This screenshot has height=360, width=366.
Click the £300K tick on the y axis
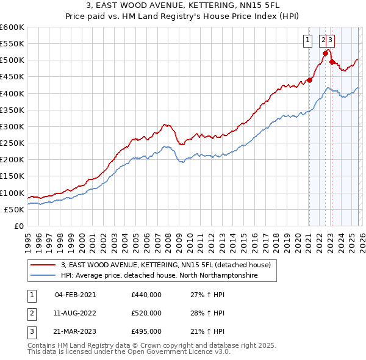click(x=12, y=126)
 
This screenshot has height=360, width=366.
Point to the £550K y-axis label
click(x=12, y=44)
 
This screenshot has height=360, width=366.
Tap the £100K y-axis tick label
click(x=12, y=193)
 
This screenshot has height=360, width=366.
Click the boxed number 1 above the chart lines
click(x=308, y=41)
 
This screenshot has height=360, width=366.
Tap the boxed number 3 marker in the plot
click(x=330, y=41)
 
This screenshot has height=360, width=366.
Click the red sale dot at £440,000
click(x=309, y=80)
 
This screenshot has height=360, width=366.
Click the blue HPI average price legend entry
click(x=159, y=276)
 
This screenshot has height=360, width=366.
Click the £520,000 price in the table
click(x=146, y=313)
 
